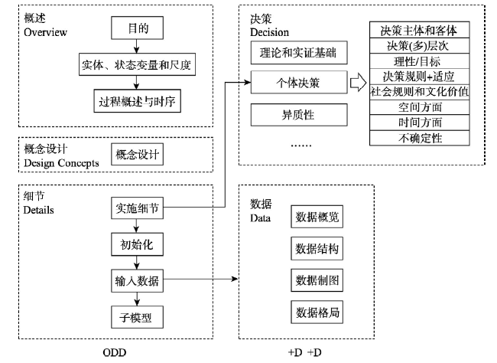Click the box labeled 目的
pos(137,28)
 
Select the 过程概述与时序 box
pos(137,101)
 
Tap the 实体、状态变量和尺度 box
pos(137,64)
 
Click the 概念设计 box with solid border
pos(137,155)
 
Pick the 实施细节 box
pos(137,208)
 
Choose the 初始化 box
pos(137,244)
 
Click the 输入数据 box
pos(137,281)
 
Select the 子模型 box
pos(137,317)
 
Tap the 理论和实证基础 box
pos(299,52)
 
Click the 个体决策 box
pos(299,82)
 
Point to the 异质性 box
pos(299,115)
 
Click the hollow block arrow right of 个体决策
pos(358,83)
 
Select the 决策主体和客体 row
pos(419,30)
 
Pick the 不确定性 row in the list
pos(419,138)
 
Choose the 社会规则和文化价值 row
pos(419,92)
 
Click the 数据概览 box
pos(317,217)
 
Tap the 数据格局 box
pos(317,312)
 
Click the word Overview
pos(45,32)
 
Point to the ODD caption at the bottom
pos(115,352)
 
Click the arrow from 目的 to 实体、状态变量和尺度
pos(137,46)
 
